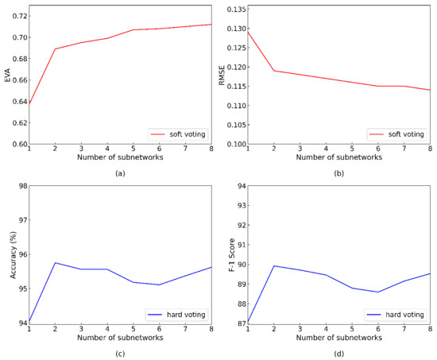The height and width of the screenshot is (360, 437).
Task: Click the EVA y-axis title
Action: click(x=8, y=76)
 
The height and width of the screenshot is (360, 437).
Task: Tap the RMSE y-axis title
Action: click(x=223, y=76)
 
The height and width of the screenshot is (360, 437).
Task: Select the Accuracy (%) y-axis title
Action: click(x=8, y=254)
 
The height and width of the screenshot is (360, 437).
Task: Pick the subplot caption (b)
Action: click(x=339, y=172)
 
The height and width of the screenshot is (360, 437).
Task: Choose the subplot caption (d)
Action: click(x=339, y=352)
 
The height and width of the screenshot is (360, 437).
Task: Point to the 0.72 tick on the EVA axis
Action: click(x=17, y=16)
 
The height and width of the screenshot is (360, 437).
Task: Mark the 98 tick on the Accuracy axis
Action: click(x=21, y=186)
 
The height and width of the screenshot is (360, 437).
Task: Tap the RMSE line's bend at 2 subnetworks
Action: click(x=274, y=71)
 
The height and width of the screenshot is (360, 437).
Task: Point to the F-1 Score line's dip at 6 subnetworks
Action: click(x=400, y=292)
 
